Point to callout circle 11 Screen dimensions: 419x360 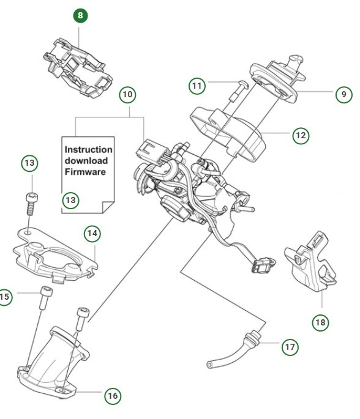click(x=197, y=86)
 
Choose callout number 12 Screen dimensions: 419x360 click(x=300, y=135)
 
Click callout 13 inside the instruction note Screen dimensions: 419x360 click(x=71, y=199)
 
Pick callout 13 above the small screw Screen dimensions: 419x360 click(x=30, y=163)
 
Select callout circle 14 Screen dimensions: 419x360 click(x=92, y=233)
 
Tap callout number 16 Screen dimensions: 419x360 click(x=112, y=396)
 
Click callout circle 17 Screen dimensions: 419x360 click(x=290, y=347)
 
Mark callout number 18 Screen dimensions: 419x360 click(x=320, y=322)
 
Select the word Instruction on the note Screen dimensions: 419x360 click(x=88, y=149)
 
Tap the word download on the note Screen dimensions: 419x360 click(x=86, y=161)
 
